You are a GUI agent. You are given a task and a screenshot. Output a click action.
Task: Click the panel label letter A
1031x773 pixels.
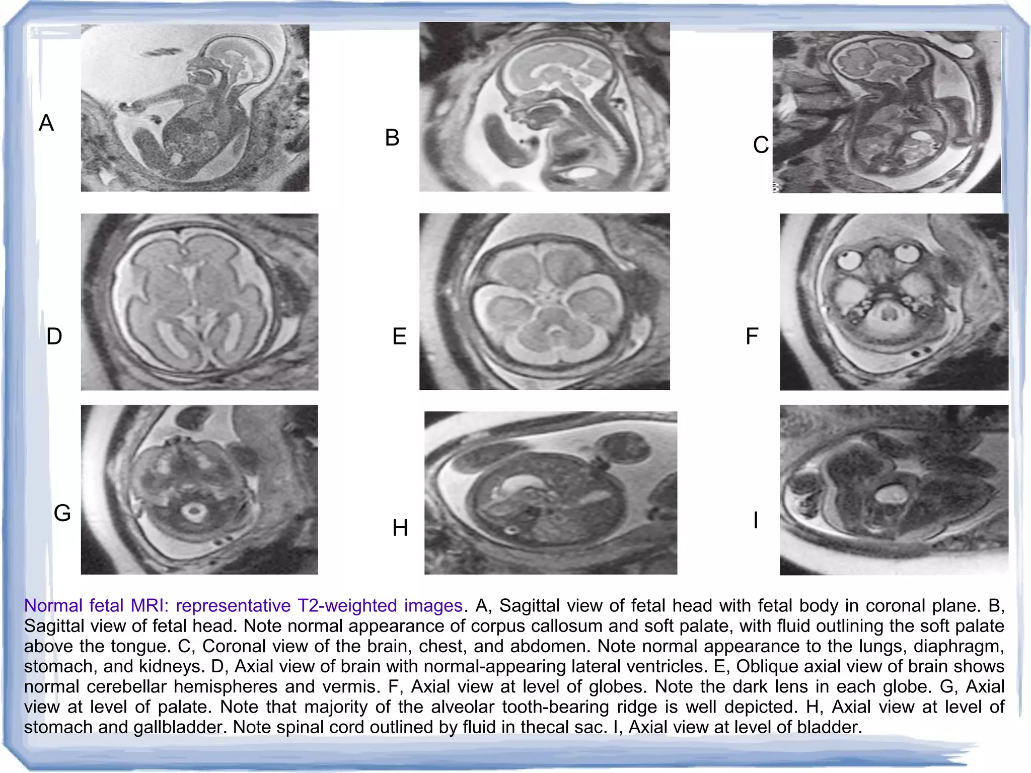(46, 123)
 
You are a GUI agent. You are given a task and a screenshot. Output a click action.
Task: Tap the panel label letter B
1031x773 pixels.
(392, 138)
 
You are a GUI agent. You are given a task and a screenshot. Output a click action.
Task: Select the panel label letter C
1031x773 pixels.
(761, 145)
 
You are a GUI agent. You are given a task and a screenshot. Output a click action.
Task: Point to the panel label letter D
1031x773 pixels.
(54, 336)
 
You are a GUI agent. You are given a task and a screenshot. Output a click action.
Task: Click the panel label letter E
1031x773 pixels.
(399, 336)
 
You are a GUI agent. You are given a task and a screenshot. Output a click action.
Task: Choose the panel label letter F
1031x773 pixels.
(752, 336)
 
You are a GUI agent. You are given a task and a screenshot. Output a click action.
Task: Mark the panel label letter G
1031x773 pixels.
(62, 513)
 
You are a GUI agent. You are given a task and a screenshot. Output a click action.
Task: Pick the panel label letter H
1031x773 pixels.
(400, 528)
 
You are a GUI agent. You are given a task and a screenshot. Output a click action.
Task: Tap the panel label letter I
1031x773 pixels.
(756, 520)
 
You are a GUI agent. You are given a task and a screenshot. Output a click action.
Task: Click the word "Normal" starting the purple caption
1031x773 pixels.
(53, 605)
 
